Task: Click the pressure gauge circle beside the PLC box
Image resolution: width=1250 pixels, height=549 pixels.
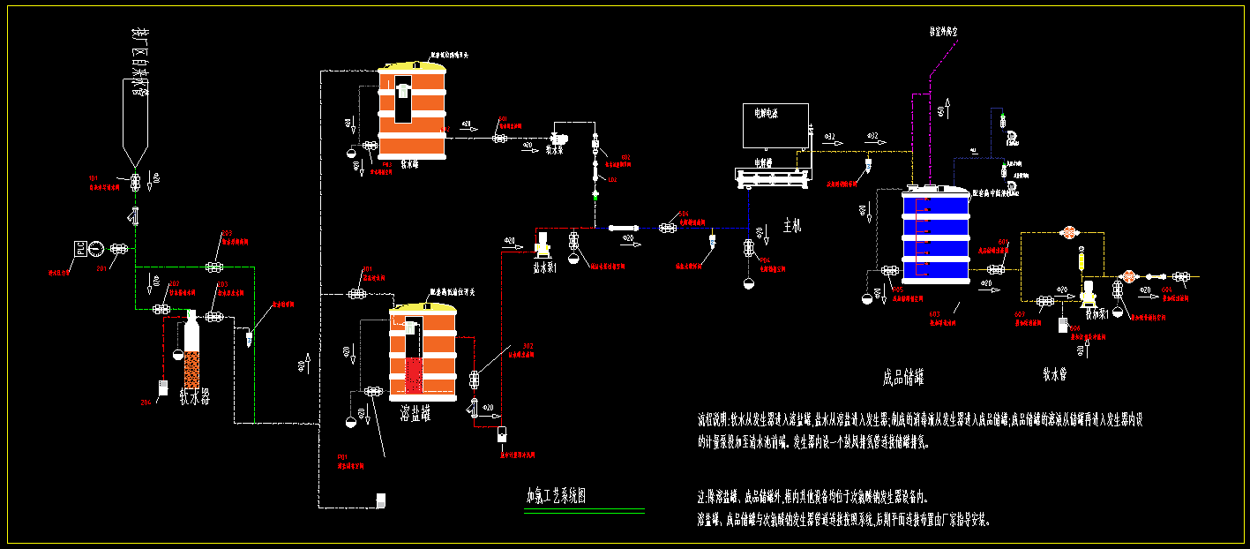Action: pyautogui.click(x=96, y=249)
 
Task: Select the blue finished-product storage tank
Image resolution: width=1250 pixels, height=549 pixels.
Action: pyautogui.click(x=935, y=238)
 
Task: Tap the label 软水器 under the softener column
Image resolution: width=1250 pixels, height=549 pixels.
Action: pyautogui.click(x=195, y=397)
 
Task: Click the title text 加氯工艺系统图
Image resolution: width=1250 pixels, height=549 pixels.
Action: pyautogui.click(x=556, y=495)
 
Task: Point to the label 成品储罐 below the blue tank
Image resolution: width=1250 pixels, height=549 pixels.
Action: pyautogui.click(x=903, y=377)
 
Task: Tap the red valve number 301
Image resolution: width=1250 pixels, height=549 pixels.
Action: pyautogui.click(x=367, y=268)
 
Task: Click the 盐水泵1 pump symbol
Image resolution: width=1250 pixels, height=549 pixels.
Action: pyautogui.click(x=544, y=241)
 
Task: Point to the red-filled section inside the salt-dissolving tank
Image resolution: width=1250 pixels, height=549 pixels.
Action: pyautogui.click(x=414, y=376)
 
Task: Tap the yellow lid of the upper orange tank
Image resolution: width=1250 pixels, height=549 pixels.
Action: pyautogui.click(x=411, y=64)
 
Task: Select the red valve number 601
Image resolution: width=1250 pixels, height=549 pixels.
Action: pyautogui.click(x=1003, y=242)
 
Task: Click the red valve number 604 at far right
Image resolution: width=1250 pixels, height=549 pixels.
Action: pyautogui.click(x=1166, y=289)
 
